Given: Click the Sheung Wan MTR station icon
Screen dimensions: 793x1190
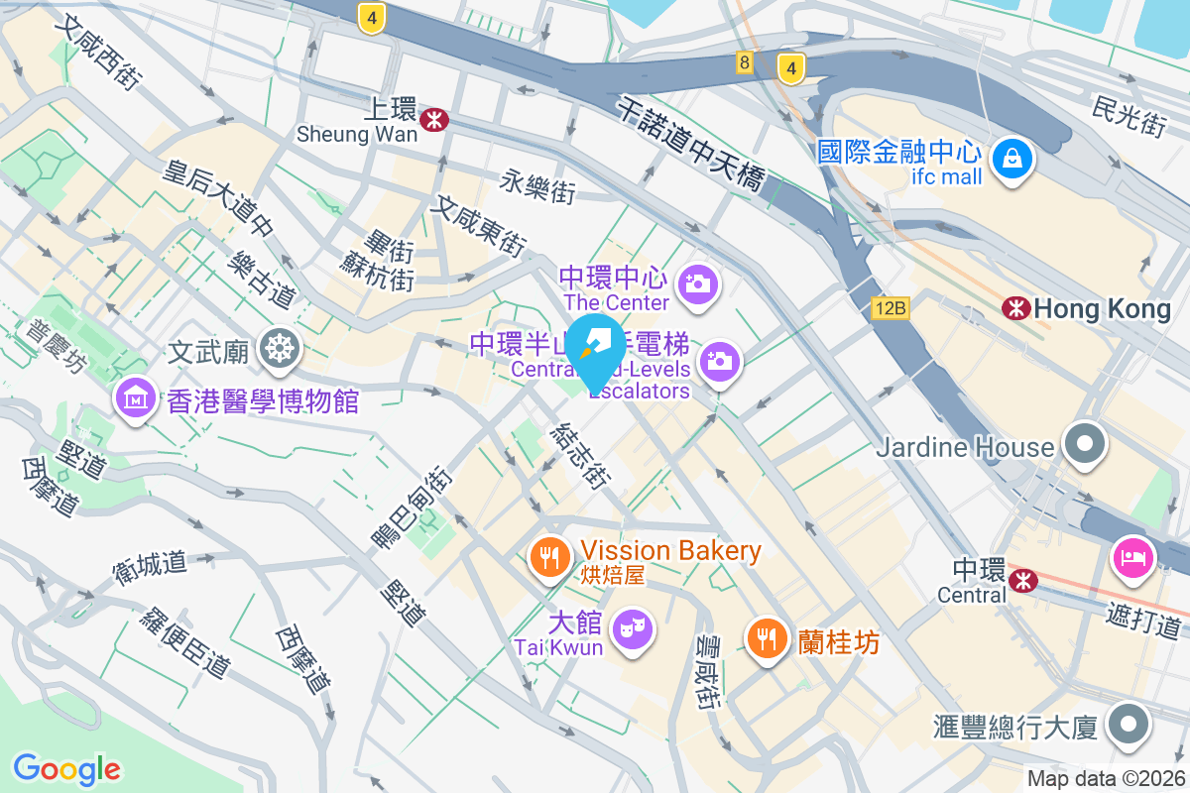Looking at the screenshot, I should pyautogui.click(x=433, y=120).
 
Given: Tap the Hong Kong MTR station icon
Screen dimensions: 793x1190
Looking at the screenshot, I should pyautogui.click(x=1015, y=308).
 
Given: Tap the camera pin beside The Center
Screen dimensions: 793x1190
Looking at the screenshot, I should pyautogui.click(x=699, y=283).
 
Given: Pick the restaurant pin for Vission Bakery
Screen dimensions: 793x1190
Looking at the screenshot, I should pyautogui.click(x=547, y=556).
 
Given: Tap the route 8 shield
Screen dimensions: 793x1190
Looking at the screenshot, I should pyautogui.click(x=745, y=62).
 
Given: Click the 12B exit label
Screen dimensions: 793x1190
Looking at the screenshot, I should pyautogui.click(x=891, y=308).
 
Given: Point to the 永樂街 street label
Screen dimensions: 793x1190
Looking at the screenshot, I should pyautogui.click(x=537, y=185).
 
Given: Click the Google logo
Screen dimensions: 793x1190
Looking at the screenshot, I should pyautogui.click(x=66, y=768).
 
